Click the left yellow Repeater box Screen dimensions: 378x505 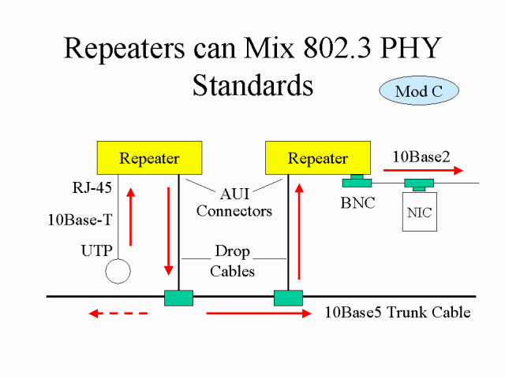click(x=149, y=157)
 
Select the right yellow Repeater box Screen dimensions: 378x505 click(x=317, y=157)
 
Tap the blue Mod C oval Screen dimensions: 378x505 click(x=419, y=91)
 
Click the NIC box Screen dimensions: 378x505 click(x=419, y=213)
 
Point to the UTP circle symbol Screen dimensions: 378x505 click(x=118, y=270)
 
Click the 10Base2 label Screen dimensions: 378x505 click(x=421, y=156)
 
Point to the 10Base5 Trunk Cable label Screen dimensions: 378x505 click(x=398, y=313)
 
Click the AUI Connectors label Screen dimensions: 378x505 click(x=234, y=203)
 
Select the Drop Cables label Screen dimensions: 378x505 click(x=233, y=261)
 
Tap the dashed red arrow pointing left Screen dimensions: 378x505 click(x=118, y=313)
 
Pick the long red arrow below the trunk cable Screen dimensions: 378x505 click(x=259, y=313)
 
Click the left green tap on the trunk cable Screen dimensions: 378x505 click(x=178, y=298)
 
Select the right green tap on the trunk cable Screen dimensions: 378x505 click(x=288, y=298)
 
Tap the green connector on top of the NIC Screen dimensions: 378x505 click(x=418, y=185)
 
